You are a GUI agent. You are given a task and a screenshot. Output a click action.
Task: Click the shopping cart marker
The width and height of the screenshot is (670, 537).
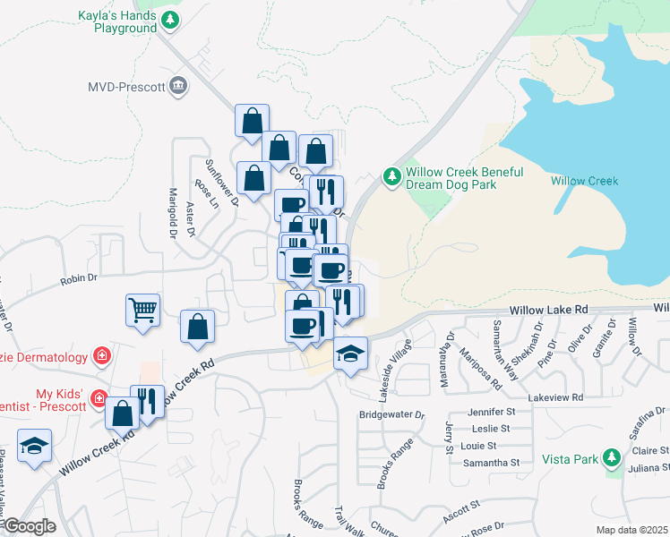point(142,311)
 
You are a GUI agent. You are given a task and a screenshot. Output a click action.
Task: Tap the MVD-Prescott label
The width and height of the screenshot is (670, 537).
point(126,87)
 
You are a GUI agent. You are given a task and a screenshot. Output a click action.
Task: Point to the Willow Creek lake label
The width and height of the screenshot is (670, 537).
point(584,181)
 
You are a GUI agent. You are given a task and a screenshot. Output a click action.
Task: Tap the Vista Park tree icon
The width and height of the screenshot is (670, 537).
point(612,459)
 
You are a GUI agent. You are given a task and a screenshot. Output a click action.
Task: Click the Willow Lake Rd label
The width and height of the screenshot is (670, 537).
point(548,309)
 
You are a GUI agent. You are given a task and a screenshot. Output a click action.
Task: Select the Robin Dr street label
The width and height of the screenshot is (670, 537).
point(79,279)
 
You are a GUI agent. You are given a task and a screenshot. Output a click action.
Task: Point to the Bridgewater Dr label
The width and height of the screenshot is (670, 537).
point(391,415)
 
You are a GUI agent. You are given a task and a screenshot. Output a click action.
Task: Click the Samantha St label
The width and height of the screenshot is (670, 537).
point(491,463)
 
